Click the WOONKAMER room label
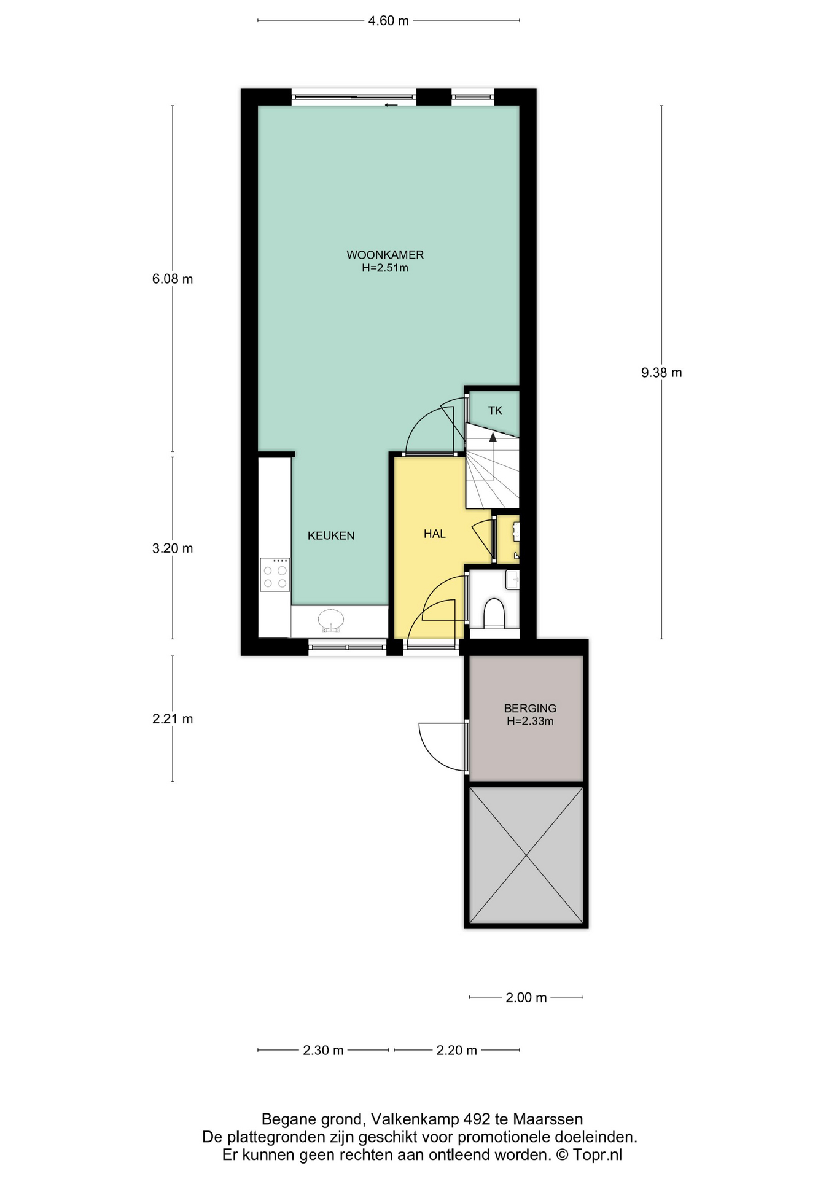pyautogui.click(x=385, y=255)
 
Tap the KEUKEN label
pyautogui.click(x=331, y=535)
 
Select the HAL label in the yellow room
pyautogui.click(x=435, y=534)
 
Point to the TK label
pyautogui.click(x=495, y=411)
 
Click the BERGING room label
pyautogui.click(x=530, y=708)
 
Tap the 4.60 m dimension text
pyautogui.click(x=388, y=21)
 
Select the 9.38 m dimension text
pyautogui.click(x=661, y=373)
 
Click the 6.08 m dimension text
pyautogui.click(x=173, y=279)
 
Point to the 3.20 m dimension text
pyautogui.click(x=173, y=548)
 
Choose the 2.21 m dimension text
pyautogui.click(x=173, y=718)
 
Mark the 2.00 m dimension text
pyautogui.click(x=526, y=998)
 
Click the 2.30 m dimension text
pyautogui.click(x=323, y=1051)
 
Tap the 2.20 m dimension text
pyautogui.click(x=457, y=1051)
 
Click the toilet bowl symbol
pyautogui.click(x=494, y=613)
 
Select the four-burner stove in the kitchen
pyautogui.click(x=275, y=574)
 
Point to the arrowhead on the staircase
pyautogui.click(x=493, y=437)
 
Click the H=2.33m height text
pyautogui.click(x=530, y=722)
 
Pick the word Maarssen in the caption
pyautogui.click(x=548, y=1119)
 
